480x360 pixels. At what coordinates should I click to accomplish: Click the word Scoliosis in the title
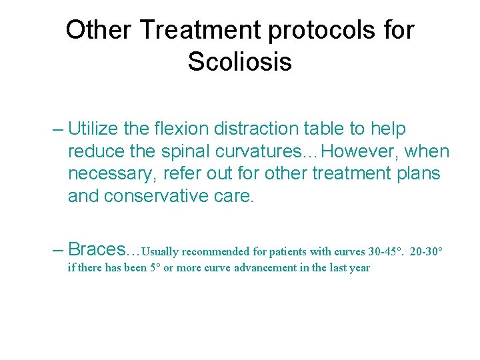(239, 62)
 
